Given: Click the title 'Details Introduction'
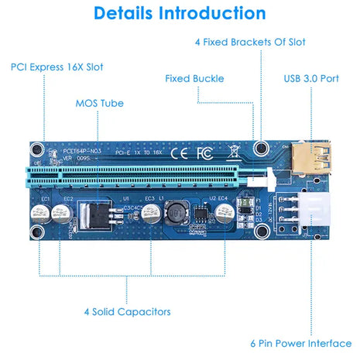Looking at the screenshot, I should (x=180, y=13).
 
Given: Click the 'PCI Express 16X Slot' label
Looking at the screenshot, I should (x=57, y=67).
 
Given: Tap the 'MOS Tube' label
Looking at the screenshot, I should (x=99, y=102).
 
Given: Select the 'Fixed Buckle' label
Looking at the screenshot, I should (x=194, y=78).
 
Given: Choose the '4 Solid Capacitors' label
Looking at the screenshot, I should (x=127, y=311).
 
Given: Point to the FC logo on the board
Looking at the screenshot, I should (x=204, y=153).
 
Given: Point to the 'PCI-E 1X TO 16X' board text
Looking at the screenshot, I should (x=127, y=153).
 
